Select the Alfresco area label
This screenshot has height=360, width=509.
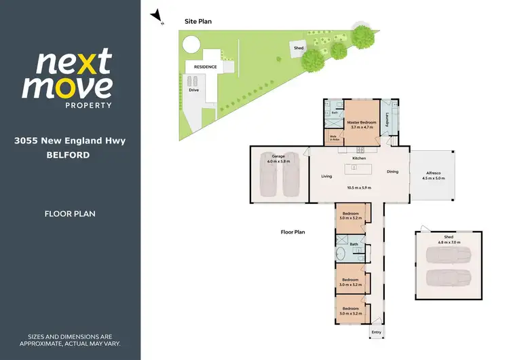(x=434, y=172)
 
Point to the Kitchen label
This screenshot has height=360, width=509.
(x=359, y=158)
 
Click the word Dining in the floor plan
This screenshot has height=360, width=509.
(x=392, y=172)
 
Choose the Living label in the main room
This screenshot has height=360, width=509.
(x=326, y=176)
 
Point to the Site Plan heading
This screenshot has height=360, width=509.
(x=198, y=22)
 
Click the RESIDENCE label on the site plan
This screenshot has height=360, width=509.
(x=205, y=67)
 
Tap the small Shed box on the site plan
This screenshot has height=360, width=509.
(x=299, y=48)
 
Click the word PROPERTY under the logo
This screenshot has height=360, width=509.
(x=88, y=105)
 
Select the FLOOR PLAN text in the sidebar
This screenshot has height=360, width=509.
(x=70, y=214)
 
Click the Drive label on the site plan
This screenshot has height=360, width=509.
(x=193, y=90)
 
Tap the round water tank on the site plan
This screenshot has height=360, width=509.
(x=191, y=44)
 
